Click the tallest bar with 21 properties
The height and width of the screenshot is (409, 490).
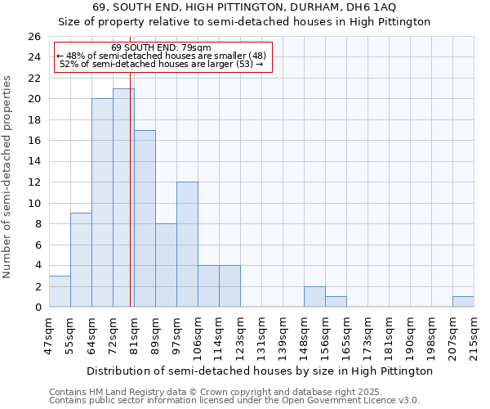click(123, 198)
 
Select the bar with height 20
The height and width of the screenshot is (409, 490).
click(102, 203)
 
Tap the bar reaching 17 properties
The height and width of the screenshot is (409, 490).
click(145, 218)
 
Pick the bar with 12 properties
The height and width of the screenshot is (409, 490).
click(187, 245)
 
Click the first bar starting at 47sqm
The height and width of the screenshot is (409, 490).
click(60, 291)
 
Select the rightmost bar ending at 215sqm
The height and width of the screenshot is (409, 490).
click(463, 302)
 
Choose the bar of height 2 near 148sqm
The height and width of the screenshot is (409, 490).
click(314, 297)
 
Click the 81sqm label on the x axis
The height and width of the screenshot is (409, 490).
click(133, 333)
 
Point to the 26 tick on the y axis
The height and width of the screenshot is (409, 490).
click(34, 37)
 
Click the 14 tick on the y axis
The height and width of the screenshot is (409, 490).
click(34, 162)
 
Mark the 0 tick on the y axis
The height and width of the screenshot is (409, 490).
click(38, 308)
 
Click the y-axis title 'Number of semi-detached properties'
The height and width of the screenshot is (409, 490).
click(8, 177)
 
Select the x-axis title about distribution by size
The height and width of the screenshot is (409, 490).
click(259, 371)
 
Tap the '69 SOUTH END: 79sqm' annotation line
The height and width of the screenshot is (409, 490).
click(161, 47)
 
